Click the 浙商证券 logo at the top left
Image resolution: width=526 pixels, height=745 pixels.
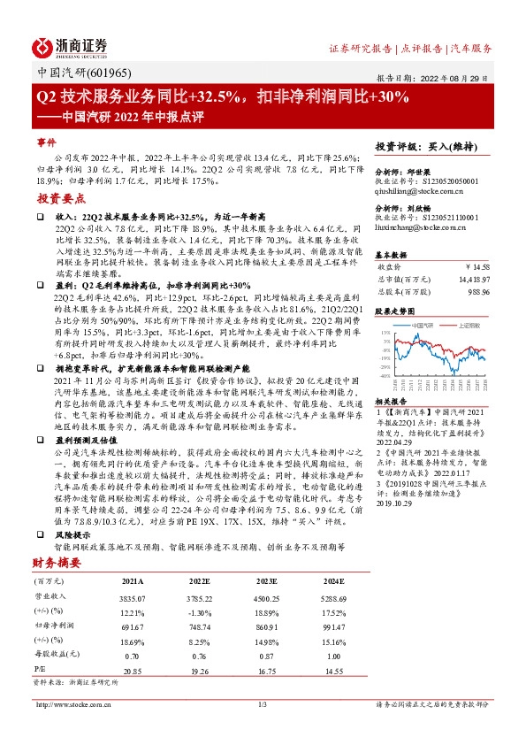click(70, 47)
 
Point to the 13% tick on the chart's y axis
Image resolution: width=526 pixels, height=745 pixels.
click(385, 333)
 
